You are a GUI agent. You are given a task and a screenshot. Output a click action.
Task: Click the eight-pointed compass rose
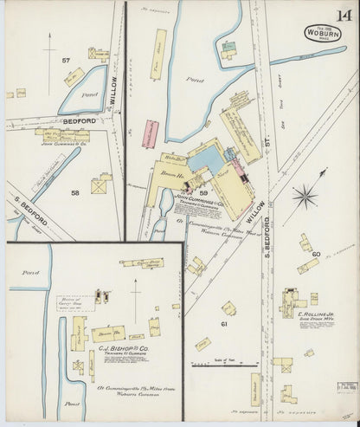[305, 198]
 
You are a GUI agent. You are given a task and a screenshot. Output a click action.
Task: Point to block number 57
[66, 60]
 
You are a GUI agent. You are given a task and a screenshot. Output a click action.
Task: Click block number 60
[317, 254]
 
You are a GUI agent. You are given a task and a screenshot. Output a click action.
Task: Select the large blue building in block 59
[205, 158]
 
